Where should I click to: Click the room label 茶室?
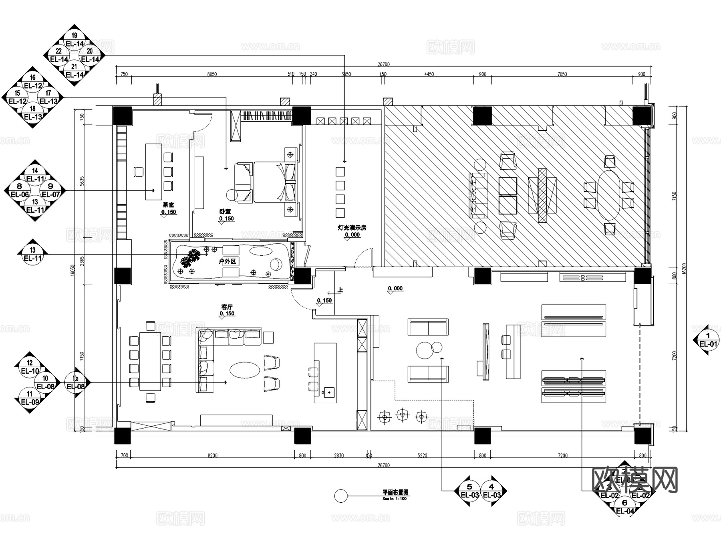point(169,205)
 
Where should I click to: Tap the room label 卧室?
point(225,211)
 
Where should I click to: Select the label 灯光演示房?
point(352,228)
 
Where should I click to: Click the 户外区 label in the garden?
point(228,261)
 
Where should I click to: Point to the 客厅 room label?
point(227,307)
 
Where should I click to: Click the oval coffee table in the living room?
point(244,370)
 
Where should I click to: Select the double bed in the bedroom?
point(274,182)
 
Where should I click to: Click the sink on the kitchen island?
point(329,392)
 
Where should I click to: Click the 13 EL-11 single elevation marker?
point(33,255)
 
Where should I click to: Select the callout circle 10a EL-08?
point(75,382)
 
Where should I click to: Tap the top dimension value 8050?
point(212,74)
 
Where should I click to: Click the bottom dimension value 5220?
point(422,455)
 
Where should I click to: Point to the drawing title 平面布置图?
point(395,492)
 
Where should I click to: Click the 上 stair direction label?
point(340,290)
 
